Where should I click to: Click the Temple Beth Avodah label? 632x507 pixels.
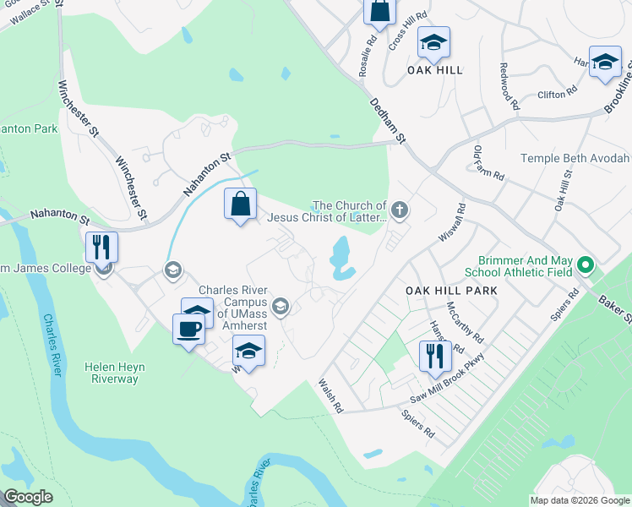[x=575, y=158]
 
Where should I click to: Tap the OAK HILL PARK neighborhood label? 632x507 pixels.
[x=450, y=290]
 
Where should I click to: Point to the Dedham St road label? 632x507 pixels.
[x=389, y=119]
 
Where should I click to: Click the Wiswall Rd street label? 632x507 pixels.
[x=449, y=222]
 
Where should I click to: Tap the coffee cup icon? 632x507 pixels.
[x=189, y=329]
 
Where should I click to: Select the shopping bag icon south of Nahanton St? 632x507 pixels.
[x=241, y=204]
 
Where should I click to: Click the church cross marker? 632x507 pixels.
[x=400, y=209]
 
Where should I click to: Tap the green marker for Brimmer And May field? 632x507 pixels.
[x=585, y=268]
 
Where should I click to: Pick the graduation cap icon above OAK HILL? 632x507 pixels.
[x=434, y=42]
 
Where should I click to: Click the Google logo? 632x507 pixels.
[x=29, y=498]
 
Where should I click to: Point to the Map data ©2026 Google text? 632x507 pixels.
[x=580, y=500]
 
